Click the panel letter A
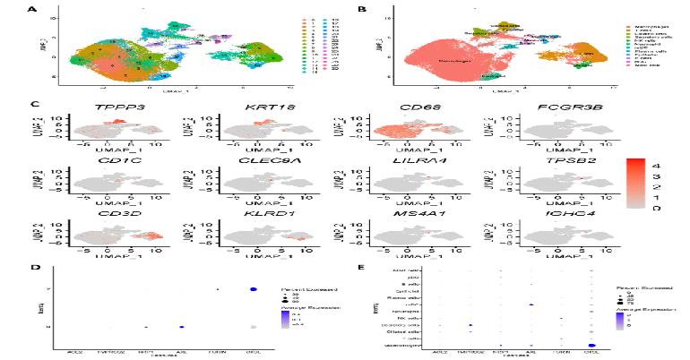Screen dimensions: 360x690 (x=33, y=10)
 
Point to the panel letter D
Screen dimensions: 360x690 (x=33, y=266)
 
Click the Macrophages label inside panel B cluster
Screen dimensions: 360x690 (x=457, y=60)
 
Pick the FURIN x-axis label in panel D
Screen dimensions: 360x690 (x=218, y=352)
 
